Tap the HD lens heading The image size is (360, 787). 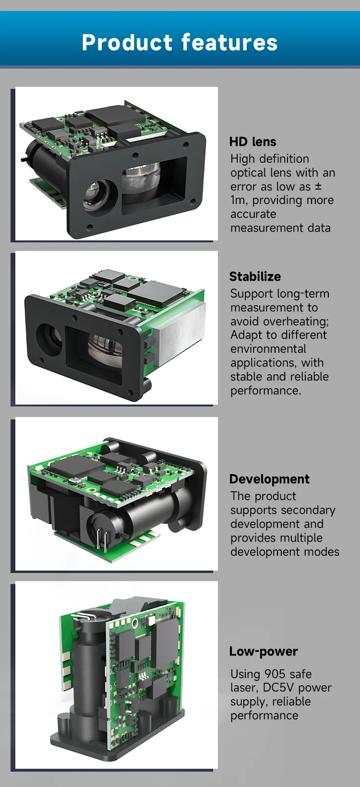point(252,142)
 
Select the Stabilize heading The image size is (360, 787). point(255,277)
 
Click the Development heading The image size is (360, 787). point(269,479)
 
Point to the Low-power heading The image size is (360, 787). point(264,652)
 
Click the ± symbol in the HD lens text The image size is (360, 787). point(318,187)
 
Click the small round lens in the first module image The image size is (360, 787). point(99,194)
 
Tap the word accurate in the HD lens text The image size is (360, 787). point(253,214)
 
